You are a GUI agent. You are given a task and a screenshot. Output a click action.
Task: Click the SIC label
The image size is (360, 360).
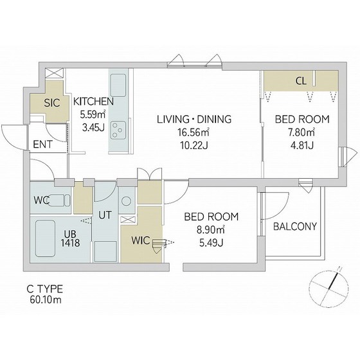pyautogui.click(x=52, y=103)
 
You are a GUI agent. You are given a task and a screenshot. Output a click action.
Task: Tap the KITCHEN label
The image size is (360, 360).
pyautogui.click(x=93, y=102)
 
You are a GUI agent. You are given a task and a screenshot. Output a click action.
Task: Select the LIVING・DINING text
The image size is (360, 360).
pyautogui.click(x=194, y=119)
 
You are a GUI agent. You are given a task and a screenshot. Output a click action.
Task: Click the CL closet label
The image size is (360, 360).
pyautogui.click(x=301, y=81)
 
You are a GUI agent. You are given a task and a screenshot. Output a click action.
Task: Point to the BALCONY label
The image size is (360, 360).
pyautogui.click(x=295, y=226)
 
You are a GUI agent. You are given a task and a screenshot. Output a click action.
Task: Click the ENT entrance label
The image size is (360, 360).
pyautogui.click(x=42, y=145)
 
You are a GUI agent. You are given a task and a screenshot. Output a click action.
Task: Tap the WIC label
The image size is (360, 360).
pyautogui.click(x=141, y=240)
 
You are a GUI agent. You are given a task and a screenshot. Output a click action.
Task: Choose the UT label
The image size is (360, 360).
pyautogui.click(x=105, y=215)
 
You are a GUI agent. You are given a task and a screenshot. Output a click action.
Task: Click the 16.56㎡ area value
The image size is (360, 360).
pyautogui.click(x=194, y=132)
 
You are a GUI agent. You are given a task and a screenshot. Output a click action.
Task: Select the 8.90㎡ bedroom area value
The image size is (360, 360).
pyautogui.click(x=211, y=230)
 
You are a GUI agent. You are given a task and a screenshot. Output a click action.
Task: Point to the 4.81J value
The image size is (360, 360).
pyautogui.click(x=302, y=145)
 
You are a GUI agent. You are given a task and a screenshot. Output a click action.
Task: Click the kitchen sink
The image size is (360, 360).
pyautogui.click(x=118, y=85)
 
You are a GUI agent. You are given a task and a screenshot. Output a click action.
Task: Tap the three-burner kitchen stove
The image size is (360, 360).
pyautogui.click(x=118, y=130)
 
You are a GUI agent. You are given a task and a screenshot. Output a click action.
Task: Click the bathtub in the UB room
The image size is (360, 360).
pyautogui.click(x=46, y=239)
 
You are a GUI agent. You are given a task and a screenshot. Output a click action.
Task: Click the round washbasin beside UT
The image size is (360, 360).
pyautogui.click(x=126, y=201)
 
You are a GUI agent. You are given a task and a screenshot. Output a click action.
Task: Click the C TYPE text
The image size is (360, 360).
pyautogui.click(x=45, y=289)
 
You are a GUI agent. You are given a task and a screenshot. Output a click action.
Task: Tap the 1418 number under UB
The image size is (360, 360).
pyautogui.click(x=71, y=243)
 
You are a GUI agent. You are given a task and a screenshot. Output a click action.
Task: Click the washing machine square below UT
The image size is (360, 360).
pyautogui.click(x=105, y=251)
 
